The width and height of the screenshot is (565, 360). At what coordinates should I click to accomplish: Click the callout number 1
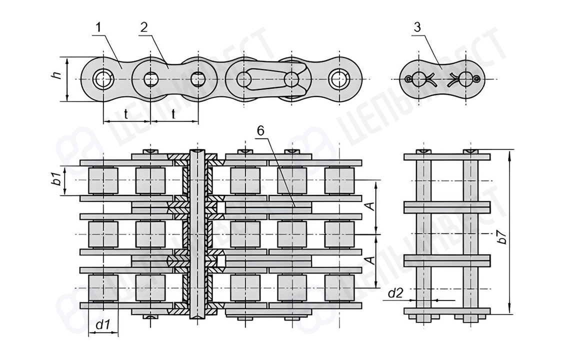point(98,27)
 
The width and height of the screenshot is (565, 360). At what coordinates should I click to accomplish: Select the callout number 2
point(144,27)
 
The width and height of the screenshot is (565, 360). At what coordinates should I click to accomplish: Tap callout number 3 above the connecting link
point(417,27)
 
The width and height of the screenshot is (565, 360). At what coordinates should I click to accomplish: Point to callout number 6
point(260,131)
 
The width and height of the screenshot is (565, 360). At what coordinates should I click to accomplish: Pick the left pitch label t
point(126,114)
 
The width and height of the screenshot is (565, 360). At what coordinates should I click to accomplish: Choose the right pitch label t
point(173,114)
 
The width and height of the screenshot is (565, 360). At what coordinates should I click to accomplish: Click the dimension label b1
point(56,179)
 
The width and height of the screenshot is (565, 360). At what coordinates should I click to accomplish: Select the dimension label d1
point(102,324)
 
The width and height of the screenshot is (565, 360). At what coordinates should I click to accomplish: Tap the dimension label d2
point(395,293)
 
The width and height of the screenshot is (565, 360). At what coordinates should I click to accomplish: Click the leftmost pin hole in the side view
point(103,79)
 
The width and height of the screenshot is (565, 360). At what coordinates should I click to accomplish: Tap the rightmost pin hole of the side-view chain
point(338,79)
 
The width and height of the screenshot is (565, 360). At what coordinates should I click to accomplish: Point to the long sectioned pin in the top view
point(198,234)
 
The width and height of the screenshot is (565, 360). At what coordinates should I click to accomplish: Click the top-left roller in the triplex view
point(103,180)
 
